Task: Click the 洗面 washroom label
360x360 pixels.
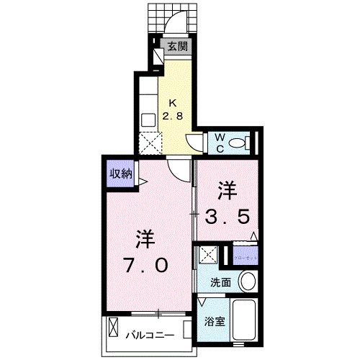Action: [x=220, y=283]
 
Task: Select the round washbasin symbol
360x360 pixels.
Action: [x=247, y=281]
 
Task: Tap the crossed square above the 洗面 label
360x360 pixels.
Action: [x=207, y=255]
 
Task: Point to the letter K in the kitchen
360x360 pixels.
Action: [x=174, y=102]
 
